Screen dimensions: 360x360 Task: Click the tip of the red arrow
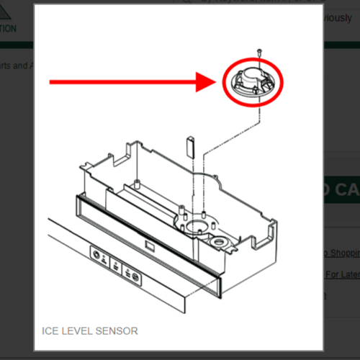(x=215, y=83)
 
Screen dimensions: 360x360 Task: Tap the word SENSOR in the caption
(x=118, y=330)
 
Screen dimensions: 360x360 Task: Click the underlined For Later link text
(x=342, y=274)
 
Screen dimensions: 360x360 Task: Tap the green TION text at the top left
(x=9, y=29)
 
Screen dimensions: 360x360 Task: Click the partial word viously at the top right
(x=338, y=17)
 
